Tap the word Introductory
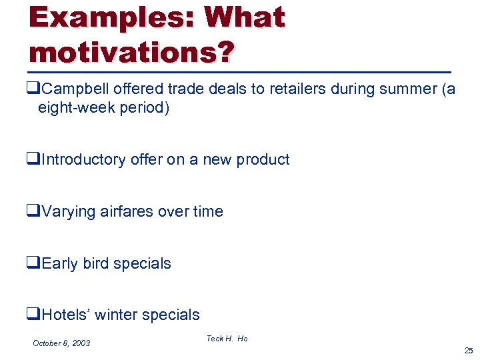[x=83, y=159]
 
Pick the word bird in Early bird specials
[x=96, y=263]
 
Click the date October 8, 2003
[x=61, y=343]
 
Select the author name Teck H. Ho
[x=227, y=339]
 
